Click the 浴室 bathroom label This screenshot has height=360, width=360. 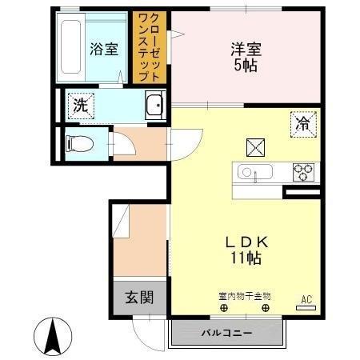(x=103, y=49)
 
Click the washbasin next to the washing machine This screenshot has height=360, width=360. (x=154, y=104)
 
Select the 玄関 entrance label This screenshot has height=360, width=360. (x=139, y=298)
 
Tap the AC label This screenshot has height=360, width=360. (x=305, y=300)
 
